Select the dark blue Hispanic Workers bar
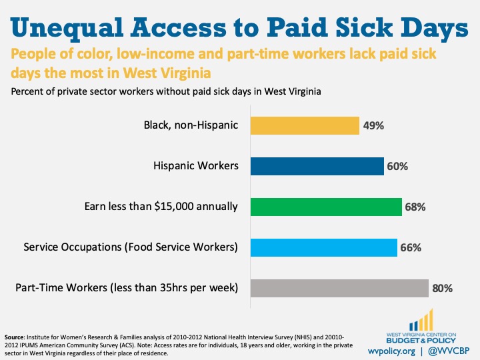317,165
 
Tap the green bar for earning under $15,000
325,206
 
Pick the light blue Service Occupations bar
323,247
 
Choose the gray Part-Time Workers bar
339,288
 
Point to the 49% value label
373,125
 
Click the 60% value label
397,165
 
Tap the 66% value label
411,247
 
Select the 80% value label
442,288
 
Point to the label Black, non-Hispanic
191,125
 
